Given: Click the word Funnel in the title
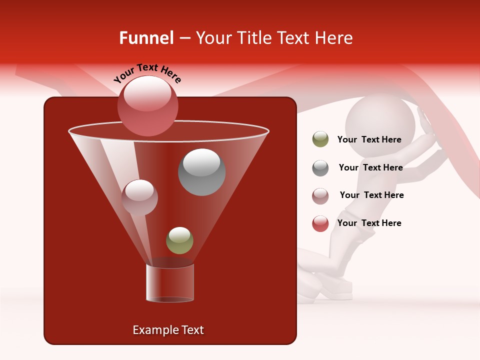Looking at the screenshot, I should pyautogui.click(x=146, y=38).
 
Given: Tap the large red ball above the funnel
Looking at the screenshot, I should pyautogui.click(x=148, y=105).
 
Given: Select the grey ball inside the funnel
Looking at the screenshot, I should pyautogui.click(x=201, y=172).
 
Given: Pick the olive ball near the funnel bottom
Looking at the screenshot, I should pyautogui.click(x=179, y=240).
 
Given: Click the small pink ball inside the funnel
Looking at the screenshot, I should pyautogui.click(x=139, y=197).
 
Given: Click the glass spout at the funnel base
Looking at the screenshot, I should pyautogui.click(x=170, y=283).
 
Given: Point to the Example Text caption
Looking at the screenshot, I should pyautogui.click(x=168, y=330).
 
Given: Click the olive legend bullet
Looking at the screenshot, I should pyautogui.click(x=320, y=139).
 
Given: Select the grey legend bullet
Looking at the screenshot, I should pyautogui.click(x=320, y=168).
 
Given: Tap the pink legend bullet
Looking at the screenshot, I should pyautogui.click(x=320, y=195).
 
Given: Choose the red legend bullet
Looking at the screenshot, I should pyautogui.click(x=320, y=223).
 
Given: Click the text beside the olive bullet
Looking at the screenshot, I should pyautogui.click(x=369, y=140).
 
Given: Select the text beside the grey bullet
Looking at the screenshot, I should pyautogui.click(x=370, y=168).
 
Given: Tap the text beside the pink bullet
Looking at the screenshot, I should pyautogui.click(x=371, y=195).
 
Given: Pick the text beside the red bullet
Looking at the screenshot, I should pyautogui.click(x=369, y=223).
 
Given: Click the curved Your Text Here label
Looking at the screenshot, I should pyautogui.click(x=147, y=72).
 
